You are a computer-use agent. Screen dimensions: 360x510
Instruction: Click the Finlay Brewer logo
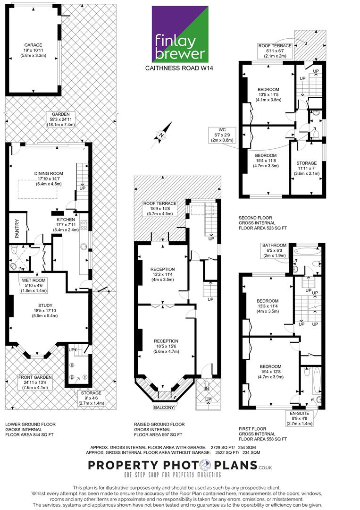click(x=180, y=34)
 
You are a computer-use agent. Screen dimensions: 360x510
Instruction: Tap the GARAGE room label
click(x=33, y=45)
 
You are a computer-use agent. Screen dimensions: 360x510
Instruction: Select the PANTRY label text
click(x=17, y=229)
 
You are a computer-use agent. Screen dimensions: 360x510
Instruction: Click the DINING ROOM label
click(x=49, y=174)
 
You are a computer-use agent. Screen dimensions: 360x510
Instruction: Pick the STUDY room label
click(x=45, y=306)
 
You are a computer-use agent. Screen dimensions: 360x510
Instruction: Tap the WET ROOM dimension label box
click(x=34, y=285)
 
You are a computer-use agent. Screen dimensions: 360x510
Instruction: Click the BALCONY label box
click(x=164, y=407)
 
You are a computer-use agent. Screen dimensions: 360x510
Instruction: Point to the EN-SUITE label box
click(x=299, y=418)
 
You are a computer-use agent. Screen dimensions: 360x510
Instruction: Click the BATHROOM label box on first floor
click(x=275, y=250)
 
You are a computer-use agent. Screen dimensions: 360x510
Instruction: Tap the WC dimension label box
click(x=222, y=135)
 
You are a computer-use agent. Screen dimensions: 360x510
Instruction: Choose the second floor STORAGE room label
click(x=306, y=163)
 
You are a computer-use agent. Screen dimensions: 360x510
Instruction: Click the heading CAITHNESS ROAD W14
click(x=179, y=68)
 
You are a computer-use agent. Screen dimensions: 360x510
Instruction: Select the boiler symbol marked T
click(x=85, y=377)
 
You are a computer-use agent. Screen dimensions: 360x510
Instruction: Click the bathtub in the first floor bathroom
click(x=307, y=251)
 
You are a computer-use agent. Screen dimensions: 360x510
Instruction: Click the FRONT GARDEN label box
click(x=35, y=382)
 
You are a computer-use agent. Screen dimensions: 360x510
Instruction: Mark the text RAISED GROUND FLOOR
click(x=159, y=424)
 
